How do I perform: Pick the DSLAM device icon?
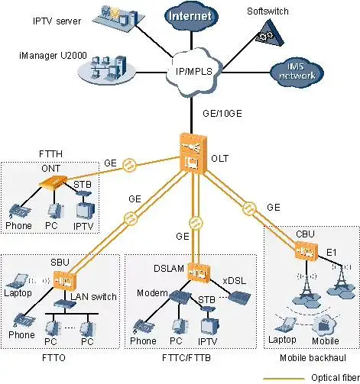tap(198, 272)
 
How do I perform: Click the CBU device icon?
tap(306, 250)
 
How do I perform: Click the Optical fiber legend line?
tap(283, 377)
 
